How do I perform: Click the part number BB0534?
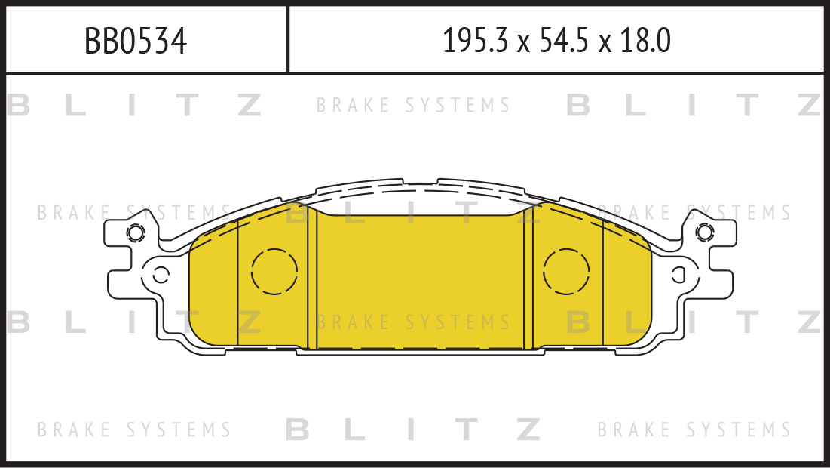(136, 41)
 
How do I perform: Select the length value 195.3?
(475, 41)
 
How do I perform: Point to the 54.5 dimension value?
(564, 41)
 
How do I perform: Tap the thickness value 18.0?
(646, 41)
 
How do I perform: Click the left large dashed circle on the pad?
(274, 272)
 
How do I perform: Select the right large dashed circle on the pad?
(566, 272)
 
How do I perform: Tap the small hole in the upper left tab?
(136, 232)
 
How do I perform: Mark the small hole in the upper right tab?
(705, 232)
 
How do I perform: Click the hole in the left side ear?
(161, 275)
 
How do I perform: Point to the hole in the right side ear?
(678, 275)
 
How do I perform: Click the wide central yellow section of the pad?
(421, 281)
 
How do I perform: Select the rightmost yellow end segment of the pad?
(627, 285)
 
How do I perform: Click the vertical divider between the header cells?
(288, 39)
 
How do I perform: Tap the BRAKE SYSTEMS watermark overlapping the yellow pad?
(413, 322)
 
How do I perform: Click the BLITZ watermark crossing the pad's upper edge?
(413, 213)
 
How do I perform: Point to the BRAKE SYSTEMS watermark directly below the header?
(413, 105)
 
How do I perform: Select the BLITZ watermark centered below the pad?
(413, 430)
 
